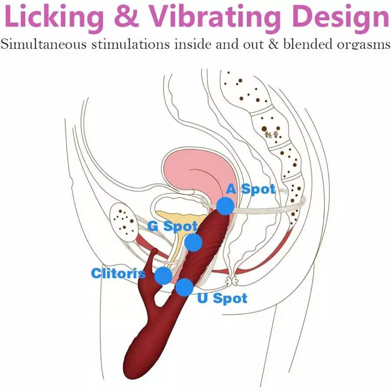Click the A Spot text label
[x=251, y=189]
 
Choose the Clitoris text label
[x=118, y=273]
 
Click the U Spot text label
[x=222, y=298]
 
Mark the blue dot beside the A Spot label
[x=225, y=206]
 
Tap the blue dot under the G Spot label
[x=193, y=242]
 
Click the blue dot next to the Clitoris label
[x=163, y=275]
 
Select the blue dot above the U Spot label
[x=184, y=287]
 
